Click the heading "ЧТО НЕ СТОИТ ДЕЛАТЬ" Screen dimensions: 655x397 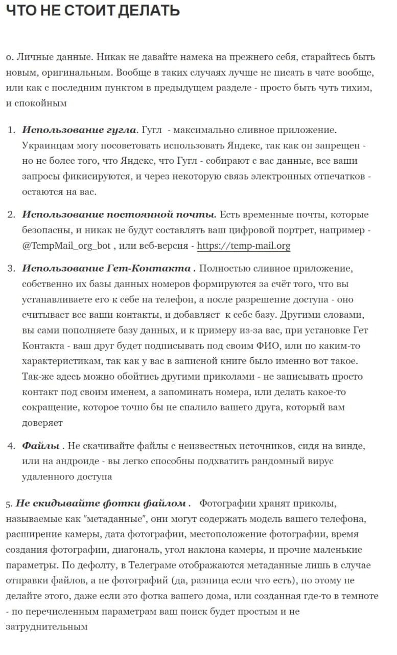point(92,10)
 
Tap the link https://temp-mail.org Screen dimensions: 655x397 point(244,246)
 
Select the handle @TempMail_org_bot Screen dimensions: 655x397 point(66,246)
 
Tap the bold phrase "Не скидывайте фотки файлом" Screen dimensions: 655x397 point(103,504)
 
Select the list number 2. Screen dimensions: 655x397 point(11,214)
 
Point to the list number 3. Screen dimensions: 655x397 point(11,269)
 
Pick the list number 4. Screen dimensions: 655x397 point(11,446)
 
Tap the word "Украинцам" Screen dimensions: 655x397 point(46,145)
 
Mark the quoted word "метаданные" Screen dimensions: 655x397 point(116,519)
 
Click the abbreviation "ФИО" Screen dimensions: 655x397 point(269,345)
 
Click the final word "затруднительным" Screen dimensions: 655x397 point(46,626)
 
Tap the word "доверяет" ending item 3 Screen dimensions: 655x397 point(42,423)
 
